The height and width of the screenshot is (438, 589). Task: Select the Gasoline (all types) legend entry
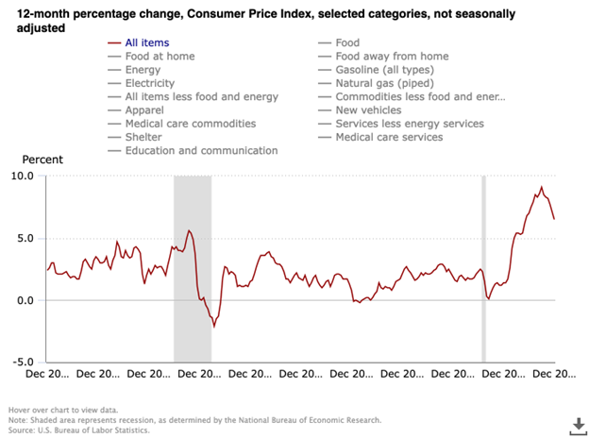coord(392,70)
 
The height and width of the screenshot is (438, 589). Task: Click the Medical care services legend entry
coord(389,137)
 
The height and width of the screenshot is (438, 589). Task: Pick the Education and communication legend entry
coord(201,150)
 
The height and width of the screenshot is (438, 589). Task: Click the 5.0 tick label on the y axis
coord(25,239)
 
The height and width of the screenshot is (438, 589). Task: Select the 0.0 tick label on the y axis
coord(25,300)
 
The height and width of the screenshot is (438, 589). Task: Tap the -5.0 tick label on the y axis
coord(24,362)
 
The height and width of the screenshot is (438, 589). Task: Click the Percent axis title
coord(42,160)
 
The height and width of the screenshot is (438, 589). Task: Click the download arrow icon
coord(576,426)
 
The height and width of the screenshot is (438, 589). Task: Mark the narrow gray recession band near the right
coord(483,268)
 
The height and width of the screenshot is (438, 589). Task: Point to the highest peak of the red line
coord(541,187)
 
